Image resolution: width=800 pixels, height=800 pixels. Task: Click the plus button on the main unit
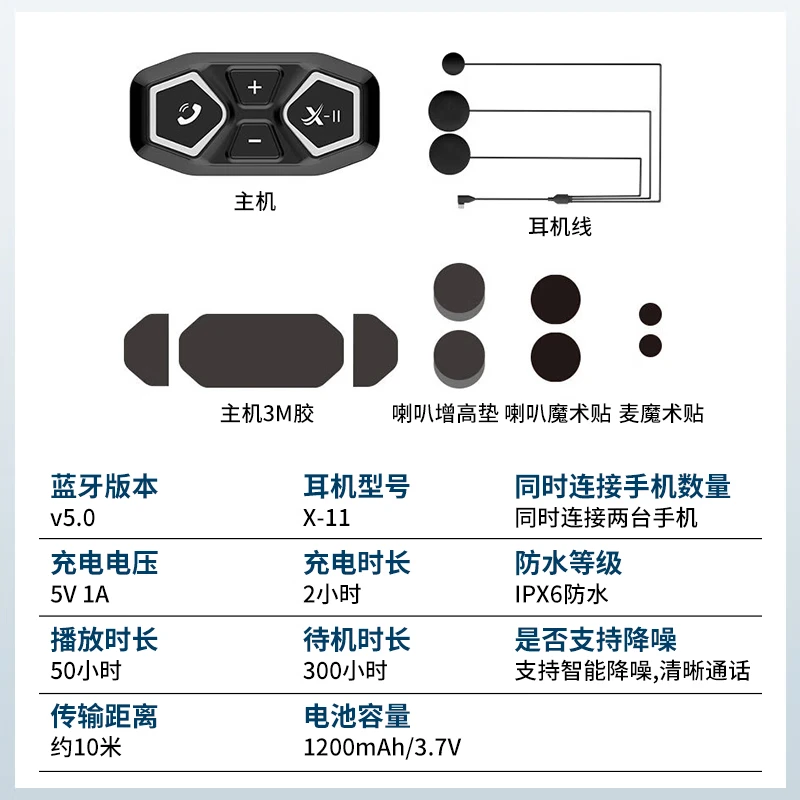(x=254, y=87)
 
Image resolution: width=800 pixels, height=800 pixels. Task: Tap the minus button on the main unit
(x=255, y=141)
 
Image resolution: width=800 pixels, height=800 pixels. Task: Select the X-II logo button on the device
(x=320, y=114)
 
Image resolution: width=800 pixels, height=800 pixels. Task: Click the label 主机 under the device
(x=255, y=202)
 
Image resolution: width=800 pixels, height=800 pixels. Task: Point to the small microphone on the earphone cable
(x=453, y=64)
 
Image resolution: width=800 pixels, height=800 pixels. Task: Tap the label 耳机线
(x=560, y=227)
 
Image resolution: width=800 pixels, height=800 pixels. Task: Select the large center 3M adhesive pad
(x=261, y=351)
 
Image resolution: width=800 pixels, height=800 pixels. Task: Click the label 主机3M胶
(x=267, y=413)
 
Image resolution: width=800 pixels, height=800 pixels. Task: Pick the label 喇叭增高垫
(x=445, y=413)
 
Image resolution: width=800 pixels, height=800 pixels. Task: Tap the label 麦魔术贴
(x=661, y=413)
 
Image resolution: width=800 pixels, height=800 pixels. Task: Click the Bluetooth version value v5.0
(x=72, y=518)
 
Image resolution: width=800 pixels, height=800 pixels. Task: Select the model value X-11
(x=327, y=518)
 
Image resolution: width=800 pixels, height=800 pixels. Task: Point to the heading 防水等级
(x=568, y=563)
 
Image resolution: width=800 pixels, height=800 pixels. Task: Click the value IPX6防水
(x=561, y=594)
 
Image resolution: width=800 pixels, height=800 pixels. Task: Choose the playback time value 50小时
(x=86, y=671)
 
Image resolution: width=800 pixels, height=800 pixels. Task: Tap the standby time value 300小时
(x=345, y=671)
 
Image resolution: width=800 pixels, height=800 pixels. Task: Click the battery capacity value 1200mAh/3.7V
(x=382, y=747)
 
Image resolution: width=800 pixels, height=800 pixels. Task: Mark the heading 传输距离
(x=104, y=716)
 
